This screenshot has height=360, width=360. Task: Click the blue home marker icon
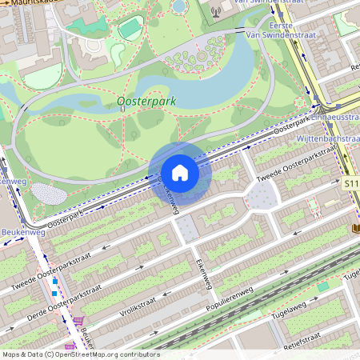click(180, 173)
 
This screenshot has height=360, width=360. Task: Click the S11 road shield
click(350, 183)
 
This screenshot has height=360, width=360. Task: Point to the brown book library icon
click(354, 229)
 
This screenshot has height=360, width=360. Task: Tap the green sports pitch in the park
click(130, 28)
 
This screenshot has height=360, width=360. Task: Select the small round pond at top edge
click(179, 6)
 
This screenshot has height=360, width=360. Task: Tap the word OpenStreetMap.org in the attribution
click(93, 354)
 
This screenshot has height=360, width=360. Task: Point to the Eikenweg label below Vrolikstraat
click(202, 274)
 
